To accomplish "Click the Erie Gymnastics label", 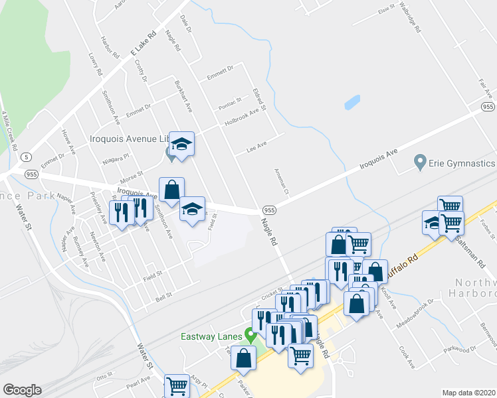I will pyautogui.click(x=462, y=163).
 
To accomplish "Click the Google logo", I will pyautogui.click(x=22, y=390).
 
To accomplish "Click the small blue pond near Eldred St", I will pyautogui.click(x=351, y=103).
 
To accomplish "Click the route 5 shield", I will pyautogui.click(x=25, y=157).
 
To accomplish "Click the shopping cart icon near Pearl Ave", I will pyautogui.click(x=177, y=385).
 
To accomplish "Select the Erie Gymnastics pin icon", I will pyautogui.click(x=419, y=161).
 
